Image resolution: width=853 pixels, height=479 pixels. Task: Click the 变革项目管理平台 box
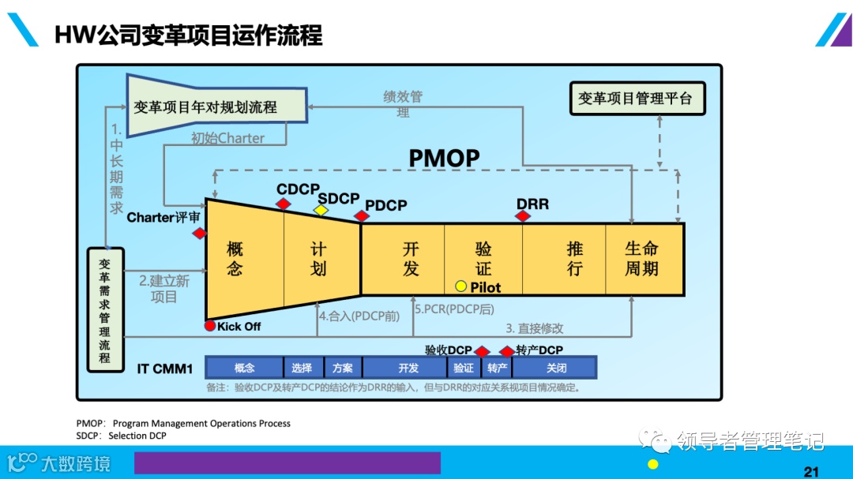tap(635, 99)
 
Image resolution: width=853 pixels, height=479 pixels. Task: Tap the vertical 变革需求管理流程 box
tap(105, 309)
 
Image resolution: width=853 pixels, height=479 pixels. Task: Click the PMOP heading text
tap(444, 159)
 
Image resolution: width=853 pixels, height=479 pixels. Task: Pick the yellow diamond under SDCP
tap(321, 210)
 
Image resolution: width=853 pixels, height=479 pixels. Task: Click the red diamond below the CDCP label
tap(284, 204)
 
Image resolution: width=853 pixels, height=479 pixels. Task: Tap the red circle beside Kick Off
tap(209, 326)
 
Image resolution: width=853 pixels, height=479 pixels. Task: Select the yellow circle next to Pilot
tap(460, 286)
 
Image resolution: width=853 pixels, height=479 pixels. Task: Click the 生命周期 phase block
tap(641, 259)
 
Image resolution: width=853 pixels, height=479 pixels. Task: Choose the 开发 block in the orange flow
tap(411, 259)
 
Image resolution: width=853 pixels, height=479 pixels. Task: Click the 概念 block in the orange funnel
tap(235, 259)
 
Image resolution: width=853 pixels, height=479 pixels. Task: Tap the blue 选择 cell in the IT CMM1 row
tap(302, 368)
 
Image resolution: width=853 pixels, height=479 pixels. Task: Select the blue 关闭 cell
tap(555, 368)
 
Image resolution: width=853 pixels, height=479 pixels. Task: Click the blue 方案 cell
tap(342, 368)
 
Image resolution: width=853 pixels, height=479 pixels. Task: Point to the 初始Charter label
tap(227, 138)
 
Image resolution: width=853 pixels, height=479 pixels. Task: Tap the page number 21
tap(811, 472)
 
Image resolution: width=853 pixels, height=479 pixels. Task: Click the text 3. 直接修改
tap(535, 328)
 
